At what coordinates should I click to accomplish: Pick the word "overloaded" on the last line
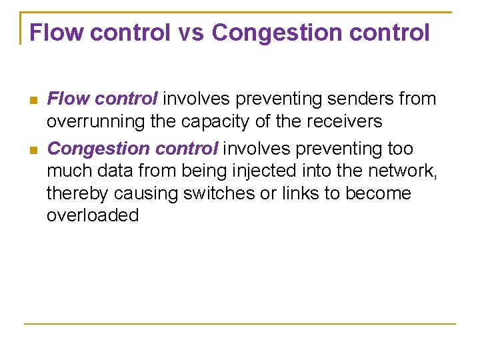[x=93, y=215]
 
